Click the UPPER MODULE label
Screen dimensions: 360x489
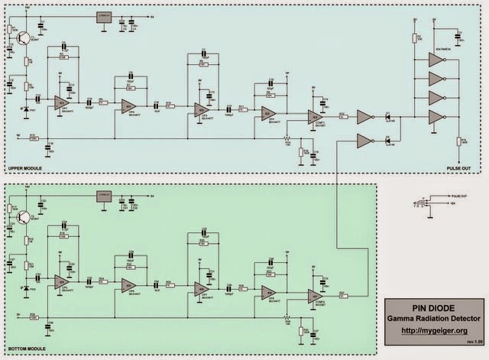24,167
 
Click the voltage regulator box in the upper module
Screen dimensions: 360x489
104,16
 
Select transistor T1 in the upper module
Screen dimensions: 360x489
25,37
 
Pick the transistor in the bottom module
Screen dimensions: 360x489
25,219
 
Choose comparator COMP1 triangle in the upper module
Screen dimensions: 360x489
315,116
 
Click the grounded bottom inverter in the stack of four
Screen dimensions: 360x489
436,116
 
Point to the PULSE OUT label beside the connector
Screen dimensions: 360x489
461,197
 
